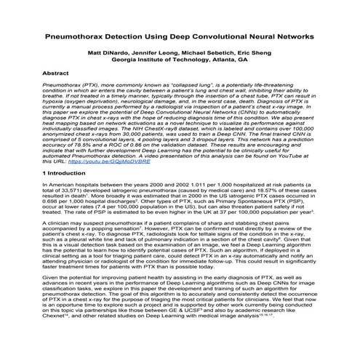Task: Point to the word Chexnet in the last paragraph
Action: coord(62,337)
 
